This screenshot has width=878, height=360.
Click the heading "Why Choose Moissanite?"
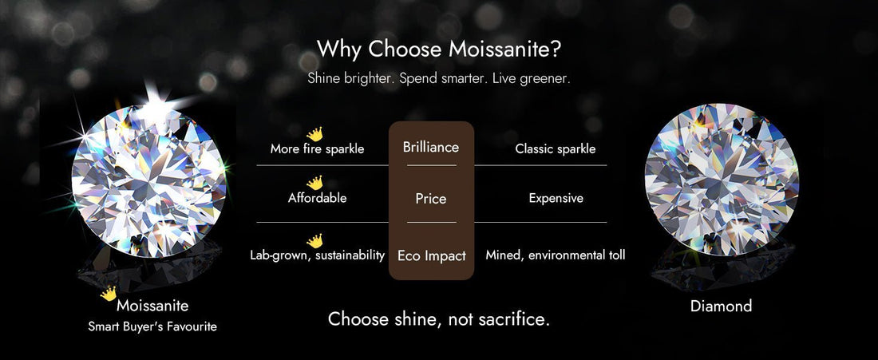tap(438, 49)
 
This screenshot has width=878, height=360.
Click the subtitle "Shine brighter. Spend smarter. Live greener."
tap(438, 79)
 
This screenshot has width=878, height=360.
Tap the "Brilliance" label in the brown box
tap(431, 148)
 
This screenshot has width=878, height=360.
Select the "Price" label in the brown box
tap(431, 199)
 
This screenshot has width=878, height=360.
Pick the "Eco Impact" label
tap(431, 256)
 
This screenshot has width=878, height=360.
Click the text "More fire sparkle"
tap(317, 149)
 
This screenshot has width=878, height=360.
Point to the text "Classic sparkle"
tap(556, 149)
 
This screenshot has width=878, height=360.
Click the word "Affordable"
tap(317, 198)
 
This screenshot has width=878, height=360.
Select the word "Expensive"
tap(556, 198)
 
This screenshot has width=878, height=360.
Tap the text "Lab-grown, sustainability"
tap(317, 255)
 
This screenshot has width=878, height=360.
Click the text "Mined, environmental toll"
tap(556, 255)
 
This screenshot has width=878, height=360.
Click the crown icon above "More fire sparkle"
tap(315, 134)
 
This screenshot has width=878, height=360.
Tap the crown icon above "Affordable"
tap(315, 183)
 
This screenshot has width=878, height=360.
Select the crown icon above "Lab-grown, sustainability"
tap(315, 240)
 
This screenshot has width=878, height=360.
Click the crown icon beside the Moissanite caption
tap(109, 294)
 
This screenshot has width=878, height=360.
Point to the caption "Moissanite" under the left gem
tap(152, 306)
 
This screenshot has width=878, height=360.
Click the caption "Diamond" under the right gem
tap(721, 307)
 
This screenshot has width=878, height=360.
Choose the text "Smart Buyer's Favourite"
tap(152, 326)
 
